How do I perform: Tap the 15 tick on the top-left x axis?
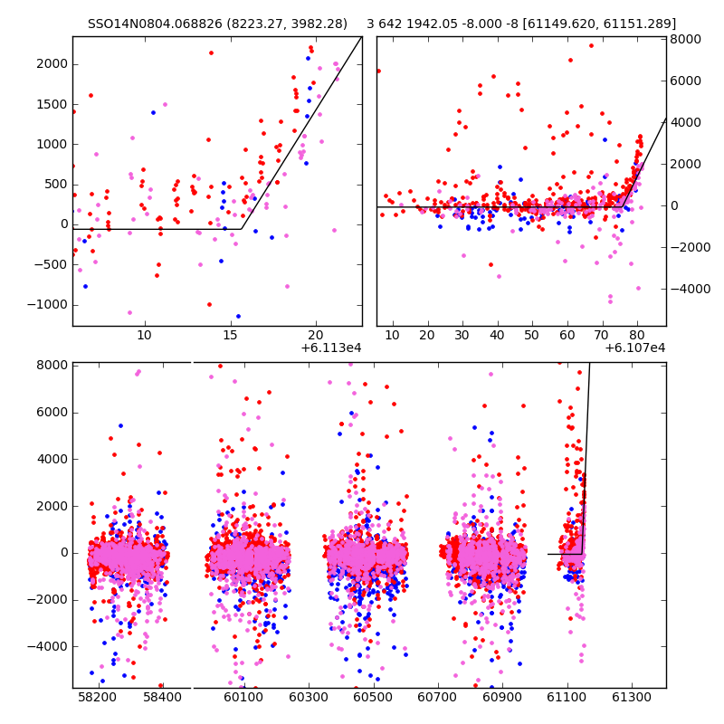pos(231,336)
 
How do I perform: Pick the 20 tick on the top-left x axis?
pos(317,336)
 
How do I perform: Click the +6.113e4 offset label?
pos(331,348)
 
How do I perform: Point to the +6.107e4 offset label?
pos(635,348)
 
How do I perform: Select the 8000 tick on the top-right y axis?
pos(686,39)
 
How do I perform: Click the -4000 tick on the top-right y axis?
pos(689,289)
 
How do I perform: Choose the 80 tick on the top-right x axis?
pos(637,336)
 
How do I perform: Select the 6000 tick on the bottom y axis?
pos(52,412)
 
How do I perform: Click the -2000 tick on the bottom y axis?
pos(49,599)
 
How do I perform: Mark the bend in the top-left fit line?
pos(241,229)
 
